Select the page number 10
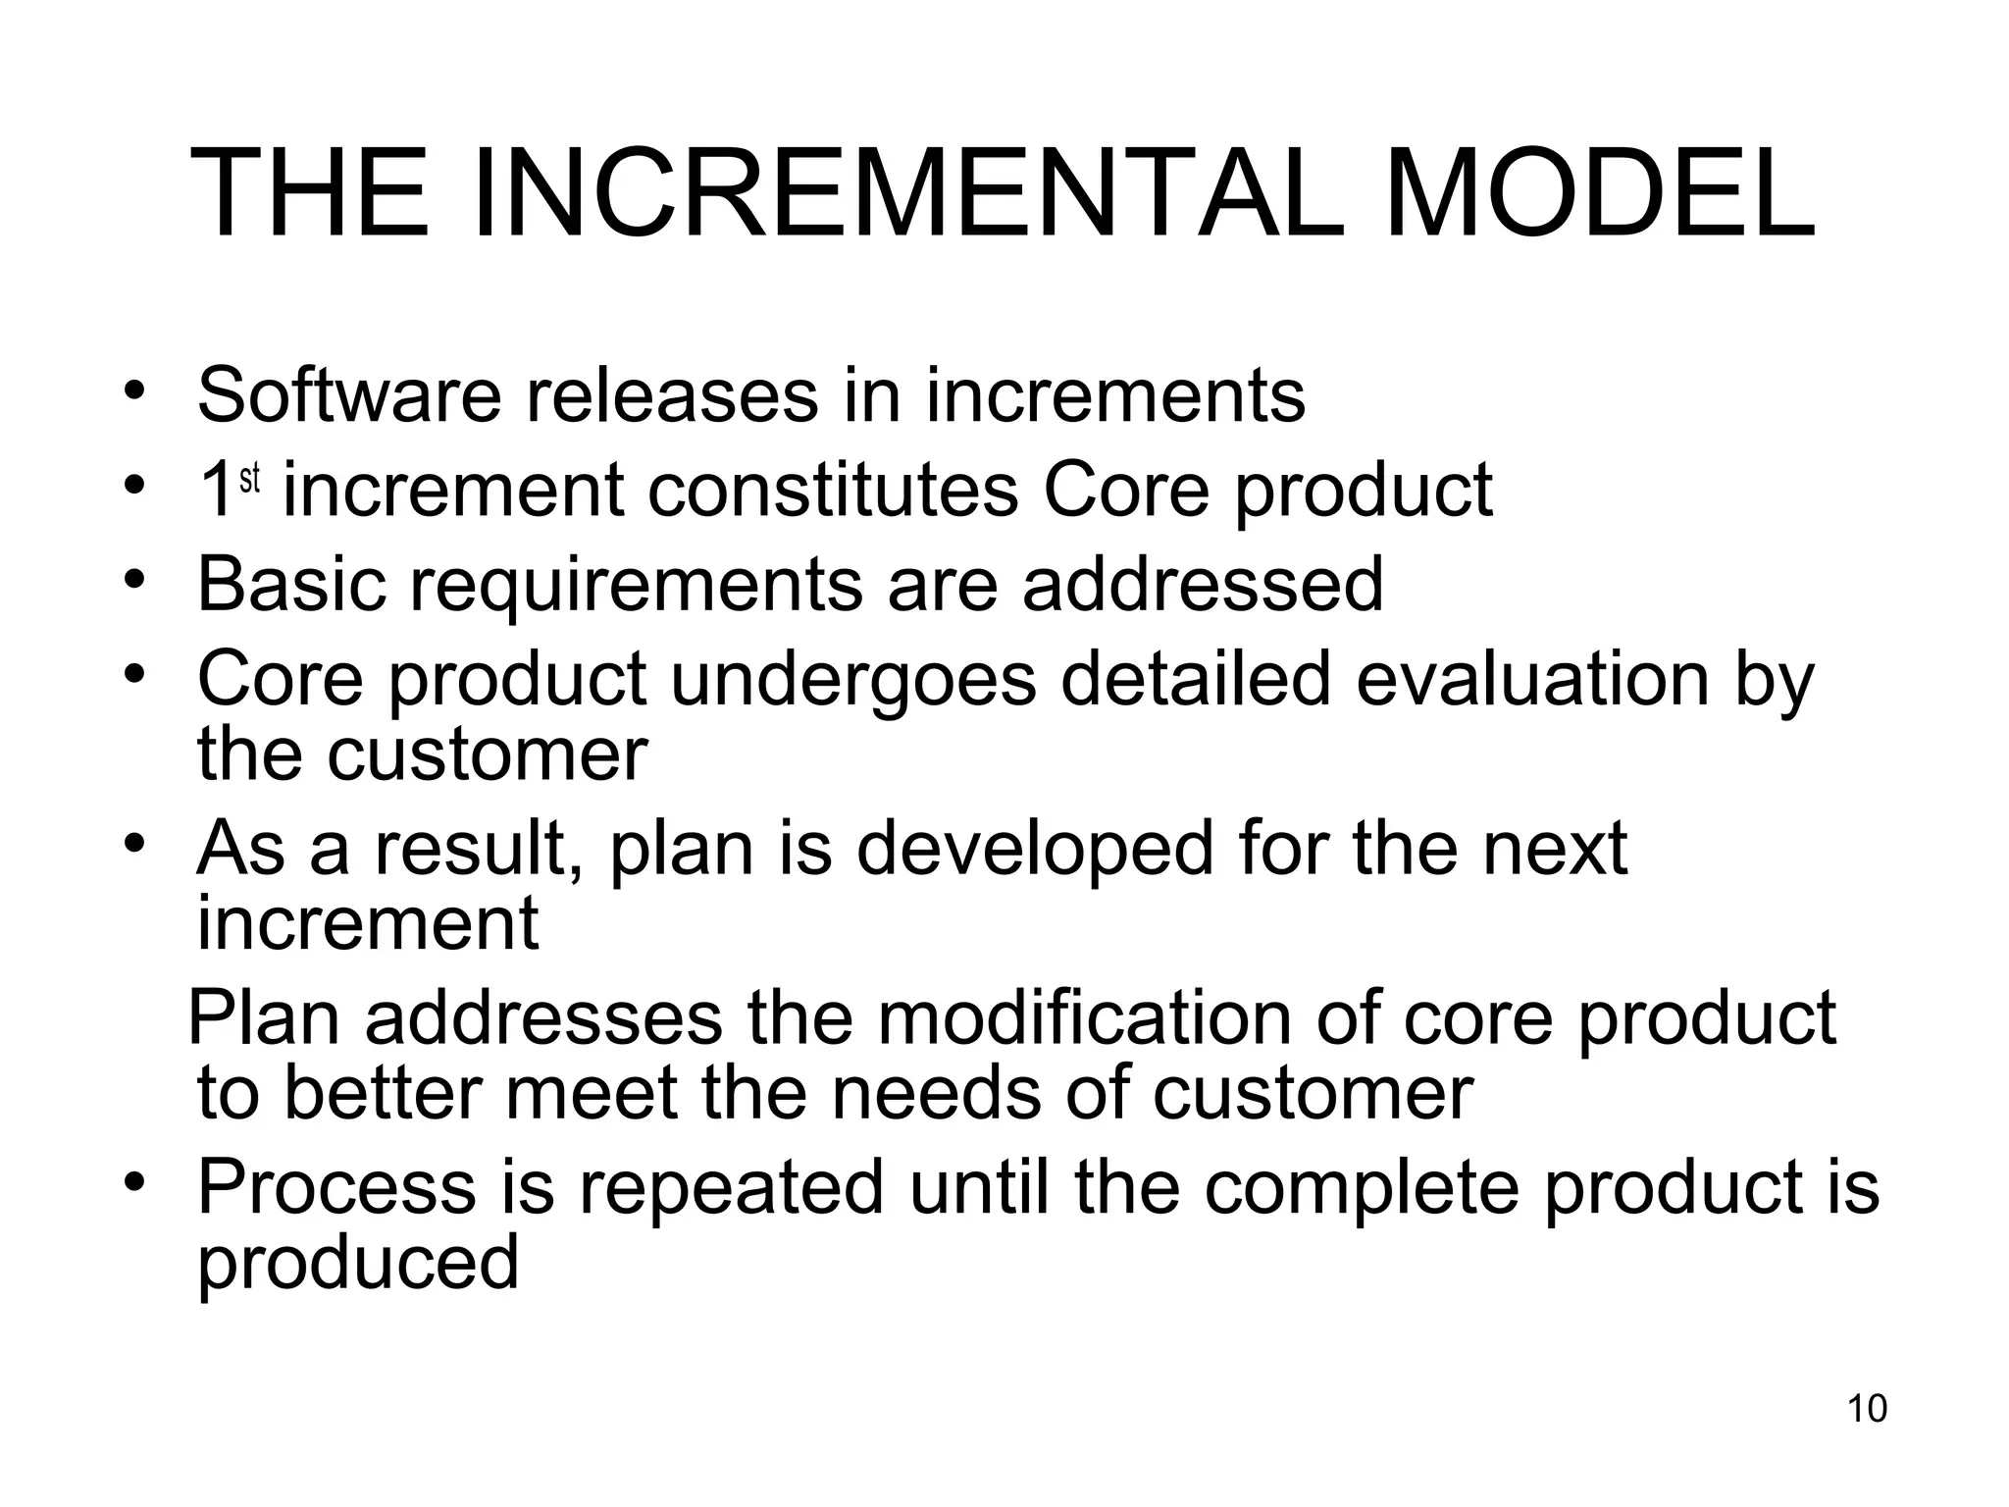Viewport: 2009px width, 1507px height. tap(1867, 1409)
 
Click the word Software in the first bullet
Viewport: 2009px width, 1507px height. tap(350, 395)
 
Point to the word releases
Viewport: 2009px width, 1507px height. tap(672, 395)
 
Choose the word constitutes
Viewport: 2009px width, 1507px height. tap(832, 490)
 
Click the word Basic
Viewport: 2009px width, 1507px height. tap(291, 585)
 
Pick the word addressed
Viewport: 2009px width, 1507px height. tap(1202, 585)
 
